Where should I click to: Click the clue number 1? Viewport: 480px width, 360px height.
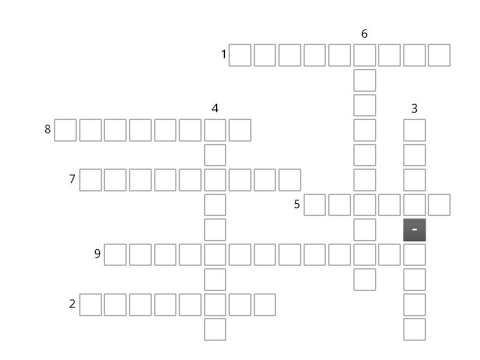(x=224, y=55)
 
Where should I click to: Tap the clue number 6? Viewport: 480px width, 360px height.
(x=364, y=34)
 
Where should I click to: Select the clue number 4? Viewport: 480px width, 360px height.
(x=215, y=109)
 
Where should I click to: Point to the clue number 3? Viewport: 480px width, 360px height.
(x=414, y=109)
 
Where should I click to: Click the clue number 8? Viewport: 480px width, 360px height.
(x=47, y=129)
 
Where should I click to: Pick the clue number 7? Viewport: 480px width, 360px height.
(x=72, y=179)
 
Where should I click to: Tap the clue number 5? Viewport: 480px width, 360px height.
(x=296, y=204)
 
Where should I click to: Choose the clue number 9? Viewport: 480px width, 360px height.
(x=97, y=254)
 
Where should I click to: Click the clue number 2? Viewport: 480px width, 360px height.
(x=72, y=304)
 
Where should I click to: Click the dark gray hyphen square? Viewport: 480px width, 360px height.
(x=415, y=230)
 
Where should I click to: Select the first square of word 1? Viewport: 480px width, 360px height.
(x=240, y=55)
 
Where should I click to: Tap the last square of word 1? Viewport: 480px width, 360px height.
(x=439, y=55)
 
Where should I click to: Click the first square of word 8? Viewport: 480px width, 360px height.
(x=65, y=130)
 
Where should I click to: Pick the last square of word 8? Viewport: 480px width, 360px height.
(x=240, y=130)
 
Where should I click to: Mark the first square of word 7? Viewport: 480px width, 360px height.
(x=91, y=180)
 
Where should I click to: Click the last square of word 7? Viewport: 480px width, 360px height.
(x=290, y=180)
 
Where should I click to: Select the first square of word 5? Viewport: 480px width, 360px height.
(x=314, y=205)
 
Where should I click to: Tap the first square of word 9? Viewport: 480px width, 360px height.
(x=115, y=254)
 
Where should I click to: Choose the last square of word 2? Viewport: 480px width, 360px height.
(x=265, y=305)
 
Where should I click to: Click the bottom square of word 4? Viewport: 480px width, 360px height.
(x=215, y=329)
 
